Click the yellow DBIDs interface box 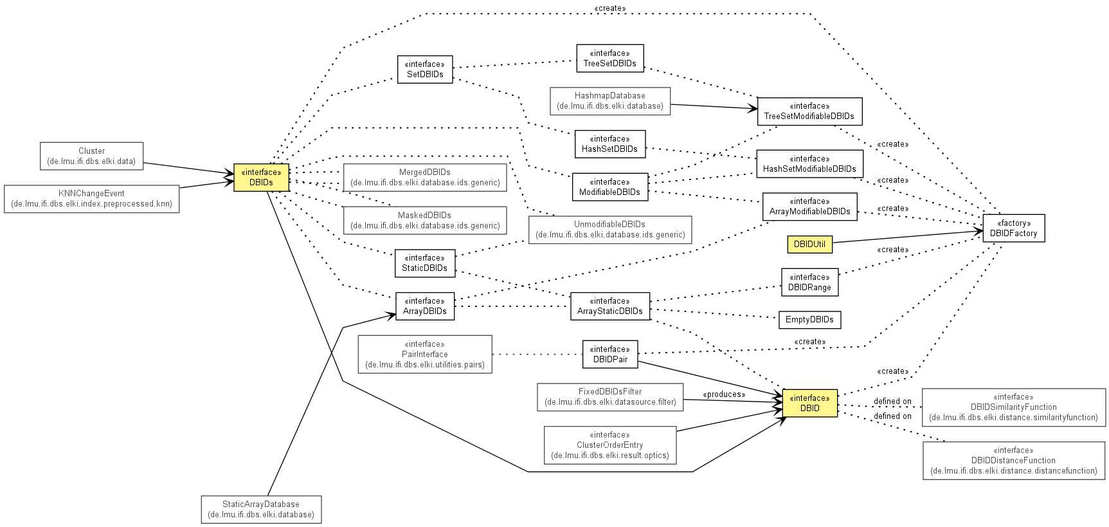point(261,177)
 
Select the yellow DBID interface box point(810,403)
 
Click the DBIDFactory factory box point(1014,228)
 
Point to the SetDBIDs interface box point(425,69)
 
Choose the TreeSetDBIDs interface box point(609,59)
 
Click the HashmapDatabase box point(610,101)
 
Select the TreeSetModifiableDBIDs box point(809,111)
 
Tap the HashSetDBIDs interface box point(609,144)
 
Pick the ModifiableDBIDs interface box point(609,187)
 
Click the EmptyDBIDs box point(809,320)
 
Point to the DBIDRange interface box point(810,282)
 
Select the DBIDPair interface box point(610,355)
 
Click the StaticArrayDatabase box point(261,510)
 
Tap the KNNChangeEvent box point(91,199)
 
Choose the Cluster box point(91,156)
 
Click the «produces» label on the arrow point(724,394)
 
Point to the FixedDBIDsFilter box point(610,397)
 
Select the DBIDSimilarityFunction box point(1014,407)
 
